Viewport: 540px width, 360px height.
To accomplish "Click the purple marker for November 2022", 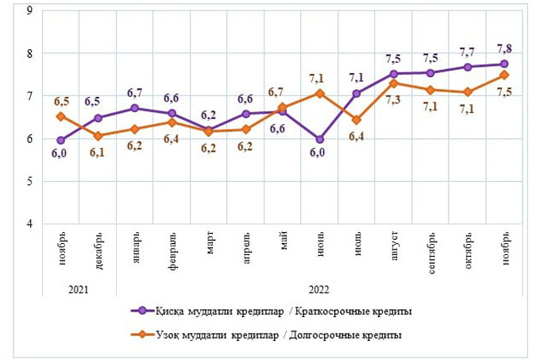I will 503,64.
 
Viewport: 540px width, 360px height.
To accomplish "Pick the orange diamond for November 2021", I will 60,117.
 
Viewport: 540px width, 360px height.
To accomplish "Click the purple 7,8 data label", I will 503,47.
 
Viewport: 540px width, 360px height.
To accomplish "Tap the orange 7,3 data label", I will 394,100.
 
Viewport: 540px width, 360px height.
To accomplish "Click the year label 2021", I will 79,290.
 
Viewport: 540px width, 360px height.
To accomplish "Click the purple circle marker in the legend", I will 142,311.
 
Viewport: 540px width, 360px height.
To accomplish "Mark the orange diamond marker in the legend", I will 142,335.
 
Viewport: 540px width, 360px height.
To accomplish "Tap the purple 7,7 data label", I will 468,51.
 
